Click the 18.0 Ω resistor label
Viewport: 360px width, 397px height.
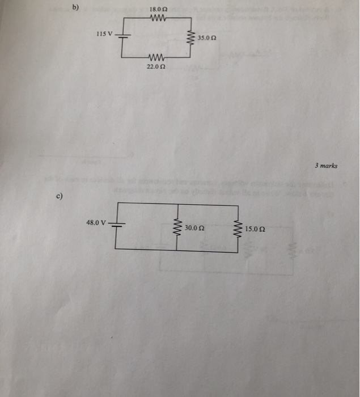[156, 9]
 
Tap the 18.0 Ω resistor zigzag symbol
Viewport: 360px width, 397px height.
[156, 18]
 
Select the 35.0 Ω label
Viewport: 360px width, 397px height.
[207, 38]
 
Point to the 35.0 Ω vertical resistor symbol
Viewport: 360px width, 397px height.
[192, 38]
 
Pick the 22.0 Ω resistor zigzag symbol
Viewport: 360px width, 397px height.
[156, 58]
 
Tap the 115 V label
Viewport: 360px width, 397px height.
[105, 35]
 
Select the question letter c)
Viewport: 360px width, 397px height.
[59, 196]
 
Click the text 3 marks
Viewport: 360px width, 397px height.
[326, 166]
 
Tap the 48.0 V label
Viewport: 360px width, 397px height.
[96, 222]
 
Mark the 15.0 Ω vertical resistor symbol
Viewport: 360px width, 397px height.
[238, 229]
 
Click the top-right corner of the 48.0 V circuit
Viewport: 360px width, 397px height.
[238, 205]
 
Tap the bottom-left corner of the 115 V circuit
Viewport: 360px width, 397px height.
[123, 58]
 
